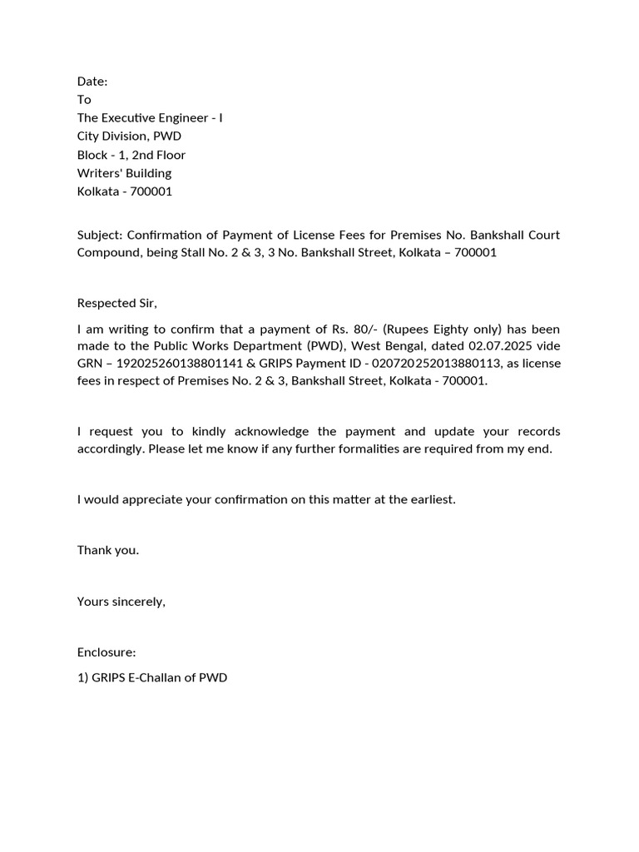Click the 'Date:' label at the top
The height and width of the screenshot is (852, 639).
pos(92,82)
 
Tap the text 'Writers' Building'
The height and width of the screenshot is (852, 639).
pos(124,173)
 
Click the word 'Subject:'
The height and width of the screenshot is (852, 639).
pos(99,235)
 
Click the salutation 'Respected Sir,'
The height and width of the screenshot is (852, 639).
pos(117,303)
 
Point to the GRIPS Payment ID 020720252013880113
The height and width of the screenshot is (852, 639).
pos(433,364)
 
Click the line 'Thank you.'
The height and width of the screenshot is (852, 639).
pos(108,550)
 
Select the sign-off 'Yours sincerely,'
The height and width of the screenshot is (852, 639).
pos(121,602)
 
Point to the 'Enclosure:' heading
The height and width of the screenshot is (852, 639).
pos(106,652)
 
